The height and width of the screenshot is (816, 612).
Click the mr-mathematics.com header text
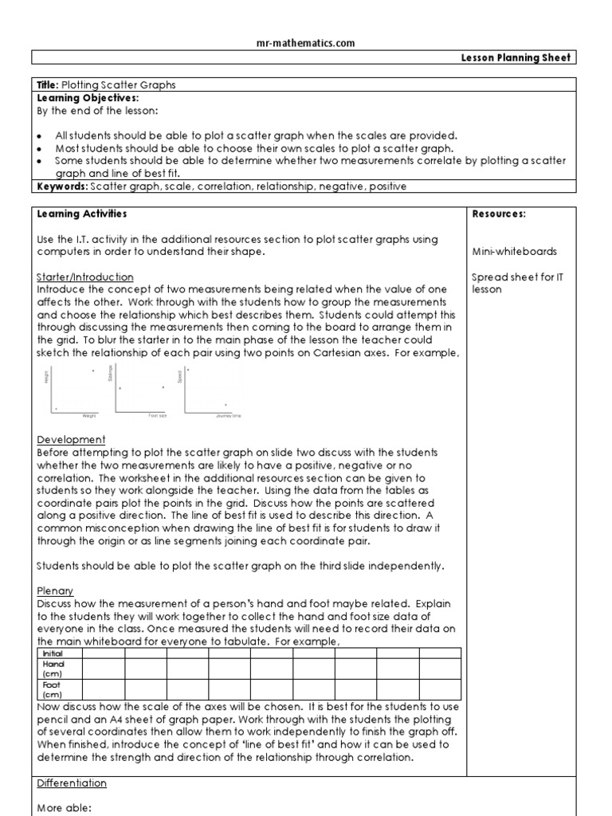306,43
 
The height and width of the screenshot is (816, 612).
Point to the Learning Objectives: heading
88,98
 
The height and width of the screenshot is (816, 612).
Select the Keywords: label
62,186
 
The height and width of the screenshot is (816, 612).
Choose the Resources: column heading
499,214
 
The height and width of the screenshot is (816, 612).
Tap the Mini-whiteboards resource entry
514,252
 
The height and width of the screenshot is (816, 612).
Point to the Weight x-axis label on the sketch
88,416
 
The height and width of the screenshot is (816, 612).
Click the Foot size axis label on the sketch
158,416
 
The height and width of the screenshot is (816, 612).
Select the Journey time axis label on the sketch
228,416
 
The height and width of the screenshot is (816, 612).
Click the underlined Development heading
71,440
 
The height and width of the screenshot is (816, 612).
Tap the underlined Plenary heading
56,591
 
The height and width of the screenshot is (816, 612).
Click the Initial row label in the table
52,653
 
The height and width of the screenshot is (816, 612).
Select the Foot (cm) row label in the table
52,690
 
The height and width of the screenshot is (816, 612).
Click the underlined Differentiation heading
72,783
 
